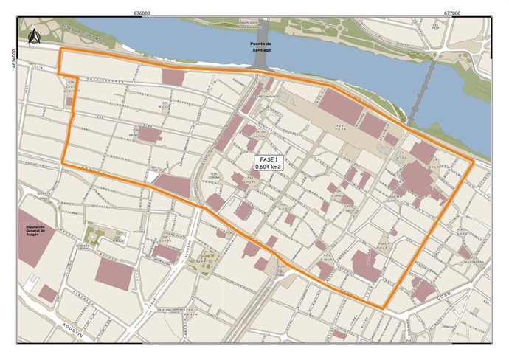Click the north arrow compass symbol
click(x=32, y=35)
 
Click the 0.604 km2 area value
click(x=267, y=168)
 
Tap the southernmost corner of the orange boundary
click(x=383, y=307)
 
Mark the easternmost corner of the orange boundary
click(x=474, y=162)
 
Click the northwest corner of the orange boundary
click(x=60, y=49)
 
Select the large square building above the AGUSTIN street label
click(x=114, y=274)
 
